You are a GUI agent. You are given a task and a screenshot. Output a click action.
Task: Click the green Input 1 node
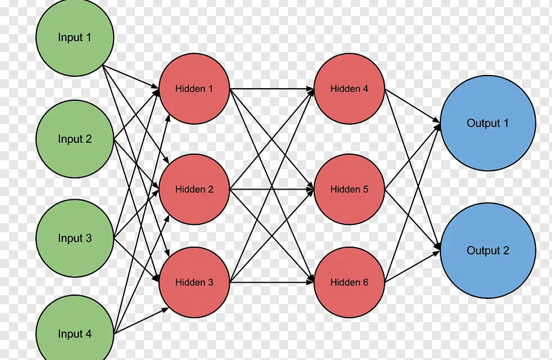pyautogui.click(x=75, y=37)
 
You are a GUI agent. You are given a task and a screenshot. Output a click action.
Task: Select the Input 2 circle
pyautogui.click(x=75, y=139)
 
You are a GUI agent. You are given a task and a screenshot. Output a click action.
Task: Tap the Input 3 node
pyautogui.click(x=75, y=238)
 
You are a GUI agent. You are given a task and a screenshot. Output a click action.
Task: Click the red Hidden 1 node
pyautogui.click(x=194, y=89)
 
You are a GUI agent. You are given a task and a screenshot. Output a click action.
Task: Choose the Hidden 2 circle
pyautogui.click(x=194, y=190)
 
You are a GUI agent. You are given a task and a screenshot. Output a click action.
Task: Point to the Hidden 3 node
pyautogui.click(x=194, y=282)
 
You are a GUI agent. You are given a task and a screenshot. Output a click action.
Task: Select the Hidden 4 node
pyautogui.click(x=349, y=89)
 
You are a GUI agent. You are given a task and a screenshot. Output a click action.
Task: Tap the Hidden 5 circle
pyautogui.click(x=349, y=190)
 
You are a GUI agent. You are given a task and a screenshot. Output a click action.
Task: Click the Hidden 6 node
pyautogui.click(x=349, y=282)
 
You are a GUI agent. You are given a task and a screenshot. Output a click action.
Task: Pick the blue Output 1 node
pyautogui.click(x=488, y=123)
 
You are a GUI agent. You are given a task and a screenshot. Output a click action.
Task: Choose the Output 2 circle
pyautogui.click(x=488, y=251)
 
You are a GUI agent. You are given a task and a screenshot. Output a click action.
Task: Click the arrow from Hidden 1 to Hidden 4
pyautogui.click(x=272, y=89)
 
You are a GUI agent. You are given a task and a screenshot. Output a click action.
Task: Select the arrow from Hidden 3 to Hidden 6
pyautogui.click(x=272, y=282)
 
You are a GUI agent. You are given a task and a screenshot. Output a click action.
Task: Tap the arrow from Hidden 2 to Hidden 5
pyautogui.click(x=272, y=190)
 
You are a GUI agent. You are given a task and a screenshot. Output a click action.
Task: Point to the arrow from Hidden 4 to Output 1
pyautogui.click(x=413, y=106)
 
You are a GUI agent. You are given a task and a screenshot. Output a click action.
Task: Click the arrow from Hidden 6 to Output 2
pyautogui.click(x=413, y=266)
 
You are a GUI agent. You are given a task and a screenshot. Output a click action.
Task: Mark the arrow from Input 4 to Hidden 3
pyautogui.click(x=142, y=320)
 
